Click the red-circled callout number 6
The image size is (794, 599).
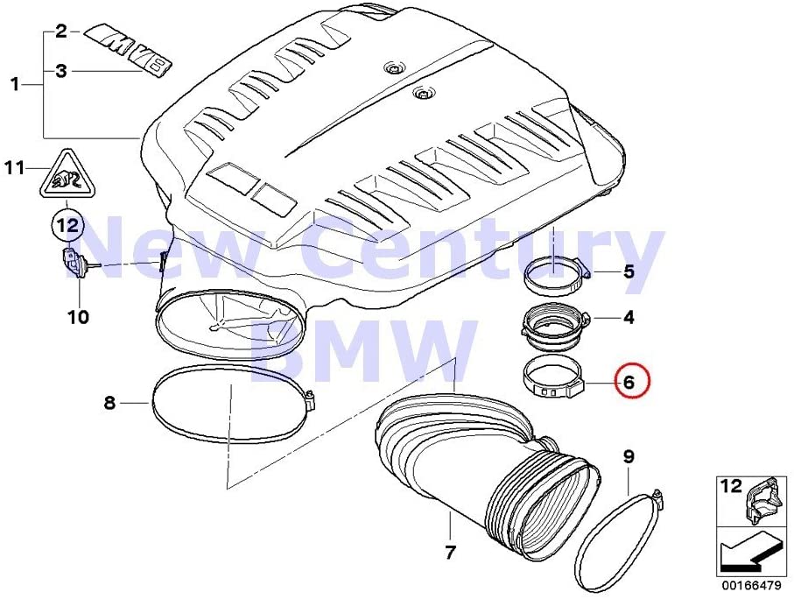[629, 382]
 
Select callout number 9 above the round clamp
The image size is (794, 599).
[629, 458]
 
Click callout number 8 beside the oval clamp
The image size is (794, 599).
[110, 404]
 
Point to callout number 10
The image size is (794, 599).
[79, 317]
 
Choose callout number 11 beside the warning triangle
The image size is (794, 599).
[15, 168]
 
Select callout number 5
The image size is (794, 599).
[629, 271]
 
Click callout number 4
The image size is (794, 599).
[629, 317]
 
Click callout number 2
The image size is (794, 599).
[61, 32]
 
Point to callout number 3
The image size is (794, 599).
[61, 71]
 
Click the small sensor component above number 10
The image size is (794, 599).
[74, 263]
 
